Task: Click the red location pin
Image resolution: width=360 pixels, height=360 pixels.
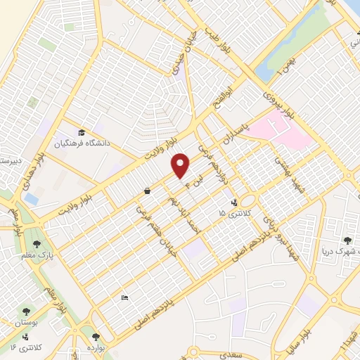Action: coord(181,165)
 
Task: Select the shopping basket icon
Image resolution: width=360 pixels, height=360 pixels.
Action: coord(147,191)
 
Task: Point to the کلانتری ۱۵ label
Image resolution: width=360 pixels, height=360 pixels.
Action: coord(231,212)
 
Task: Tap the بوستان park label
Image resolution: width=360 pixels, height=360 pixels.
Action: coord(27,322)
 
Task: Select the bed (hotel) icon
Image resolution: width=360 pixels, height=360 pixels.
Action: coord(125,298)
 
